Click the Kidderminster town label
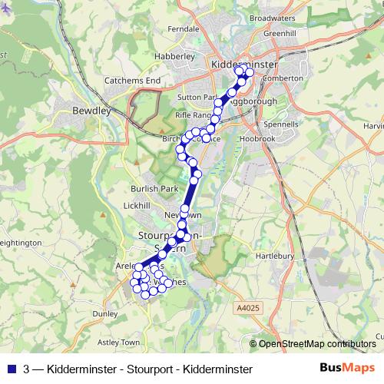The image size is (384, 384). (x=243, y=65)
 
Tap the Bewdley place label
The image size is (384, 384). (x=91, y=111)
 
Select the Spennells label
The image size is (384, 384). (x=280, y=124)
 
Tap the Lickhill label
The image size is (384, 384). (x=136, y=206)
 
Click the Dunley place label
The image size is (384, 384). (x=104, y=313)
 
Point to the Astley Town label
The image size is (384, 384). (x=119, y=342)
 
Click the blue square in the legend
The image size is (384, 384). (x=10, y=369)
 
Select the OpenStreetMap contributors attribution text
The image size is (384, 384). (x=317, y=344)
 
